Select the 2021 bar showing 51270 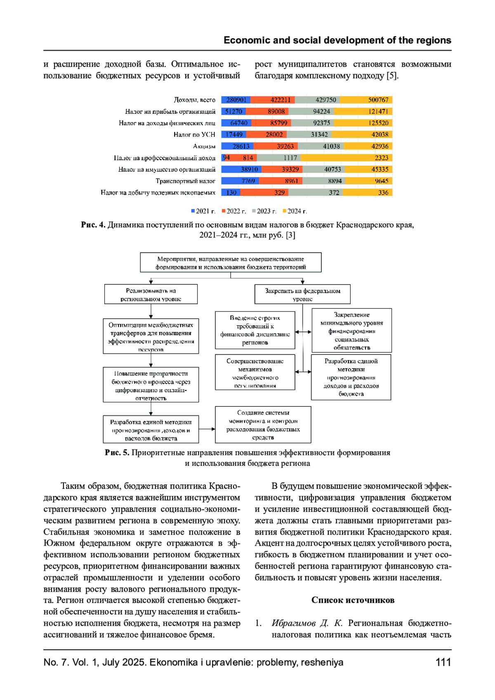click(233, 111)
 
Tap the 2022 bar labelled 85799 click(279, 123)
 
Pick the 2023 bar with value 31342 click(319, 134)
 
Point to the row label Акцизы click(204, 146)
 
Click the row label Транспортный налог click(185, 181)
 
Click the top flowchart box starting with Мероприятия click(231, 263)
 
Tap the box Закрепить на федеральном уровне click(302, 294)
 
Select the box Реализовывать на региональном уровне click(151, 294)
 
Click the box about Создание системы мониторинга click(263, 425)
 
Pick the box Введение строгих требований click(255, 330)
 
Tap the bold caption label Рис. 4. click(93, 225)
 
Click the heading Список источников click(353, 600)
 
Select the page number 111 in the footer click(443, 662)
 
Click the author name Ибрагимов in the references click(293, 623)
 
